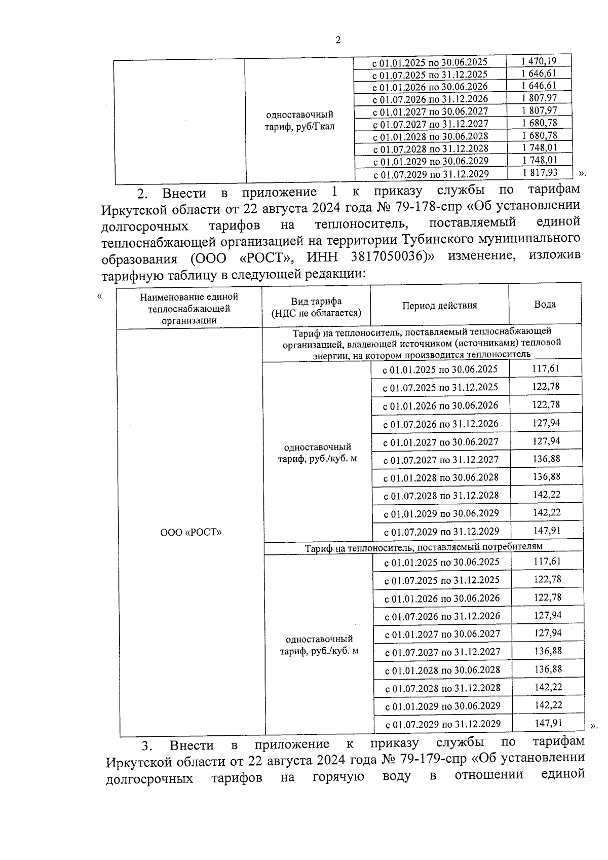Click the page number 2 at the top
[x=338, y=40]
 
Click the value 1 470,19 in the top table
[x=539, y=61]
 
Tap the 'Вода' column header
[x=545, y=305]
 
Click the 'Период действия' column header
[x=439, y=306]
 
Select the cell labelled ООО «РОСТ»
[x=191, y=533]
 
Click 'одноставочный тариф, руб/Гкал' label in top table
[x=299, y=120]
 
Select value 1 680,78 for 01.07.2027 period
[x=539, y=123]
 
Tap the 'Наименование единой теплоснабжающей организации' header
[x=189, y=308]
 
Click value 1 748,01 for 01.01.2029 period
[x=539, y=160]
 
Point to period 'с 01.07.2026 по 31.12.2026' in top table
[x=430, y=99]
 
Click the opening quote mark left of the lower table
[x=99, y=296]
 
